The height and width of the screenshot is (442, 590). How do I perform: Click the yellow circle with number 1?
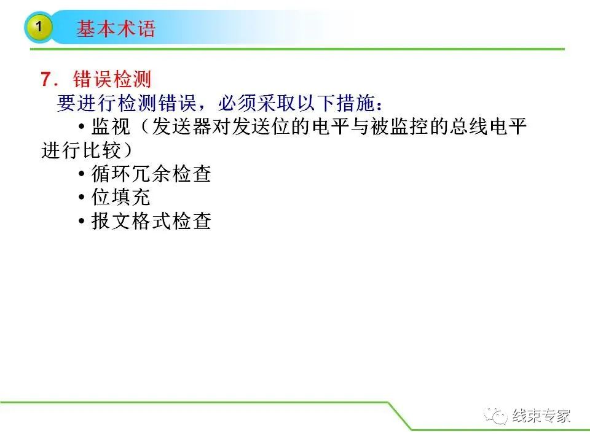[x=39, y=27]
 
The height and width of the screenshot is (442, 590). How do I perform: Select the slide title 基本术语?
[x=116, y=29]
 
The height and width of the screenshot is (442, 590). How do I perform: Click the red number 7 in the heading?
[x=46, y=79]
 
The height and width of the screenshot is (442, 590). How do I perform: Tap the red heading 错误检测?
[x=112, y=79]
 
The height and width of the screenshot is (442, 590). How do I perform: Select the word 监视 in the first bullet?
[x=111, y=126]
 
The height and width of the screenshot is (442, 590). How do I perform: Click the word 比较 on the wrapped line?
[x=101, y=150]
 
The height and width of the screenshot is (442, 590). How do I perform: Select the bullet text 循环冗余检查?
[x=151, y=174]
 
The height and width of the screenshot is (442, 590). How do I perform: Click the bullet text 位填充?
[x=121, y=197]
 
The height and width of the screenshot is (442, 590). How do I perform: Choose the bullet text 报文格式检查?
[x=151, y=221]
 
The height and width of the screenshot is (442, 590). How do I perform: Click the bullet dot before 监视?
[x=81, y=127]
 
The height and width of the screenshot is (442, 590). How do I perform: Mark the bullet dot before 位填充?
[x=81, y=198]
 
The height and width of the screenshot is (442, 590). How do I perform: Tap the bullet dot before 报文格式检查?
[x=81, y=222]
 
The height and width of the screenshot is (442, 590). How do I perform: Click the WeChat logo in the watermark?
[x=496, y=416]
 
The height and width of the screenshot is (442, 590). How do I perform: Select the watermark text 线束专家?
[x=541, y=416]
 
